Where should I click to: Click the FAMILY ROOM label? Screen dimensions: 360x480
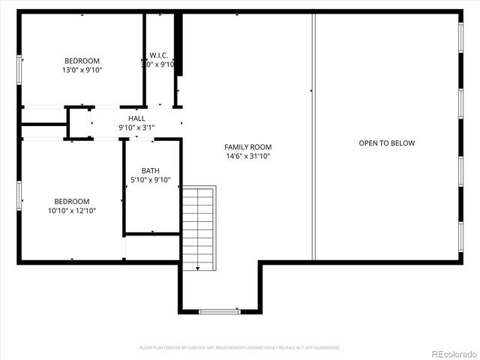coord(247,147)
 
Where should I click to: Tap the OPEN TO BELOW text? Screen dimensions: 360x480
coord(386,143)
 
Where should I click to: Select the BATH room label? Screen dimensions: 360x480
coord(150,171)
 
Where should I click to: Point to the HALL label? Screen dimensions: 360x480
coord(136,118)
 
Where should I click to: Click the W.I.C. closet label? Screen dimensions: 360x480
coord(158,55)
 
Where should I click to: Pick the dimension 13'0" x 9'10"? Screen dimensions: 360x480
coord(82,70)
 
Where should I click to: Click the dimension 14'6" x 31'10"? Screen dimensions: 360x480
coord(247,157)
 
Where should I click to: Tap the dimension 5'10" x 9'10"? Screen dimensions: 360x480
coord(151,180)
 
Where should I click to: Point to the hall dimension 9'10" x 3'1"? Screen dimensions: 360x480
coord(136,127)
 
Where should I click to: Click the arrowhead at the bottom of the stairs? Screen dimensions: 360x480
coord(198,268)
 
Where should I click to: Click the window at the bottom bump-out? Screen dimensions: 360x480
coord(219,311)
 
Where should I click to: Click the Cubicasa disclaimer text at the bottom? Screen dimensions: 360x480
coord(240,348)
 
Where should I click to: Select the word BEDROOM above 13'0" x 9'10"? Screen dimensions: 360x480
coord(82,61)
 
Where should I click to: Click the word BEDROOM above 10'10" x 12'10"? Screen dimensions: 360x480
coord(72,201)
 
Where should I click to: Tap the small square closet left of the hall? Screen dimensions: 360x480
coord(79,123)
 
